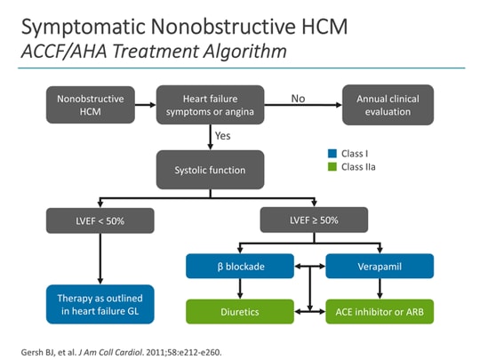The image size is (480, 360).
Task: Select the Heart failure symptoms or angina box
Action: [x=210, y=105]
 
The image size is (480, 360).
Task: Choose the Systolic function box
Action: [x=210, y=169]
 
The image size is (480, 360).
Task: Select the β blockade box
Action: [x=239, y=266]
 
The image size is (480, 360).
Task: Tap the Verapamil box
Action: [x=380, y=266]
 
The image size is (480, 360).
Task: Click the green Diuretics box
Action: [x=239, y=311]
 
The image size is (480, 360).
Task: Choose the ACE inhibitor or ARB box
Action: [x=380, y=311]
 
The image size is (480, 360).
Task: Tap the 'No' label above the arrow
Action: [x=299, y=97]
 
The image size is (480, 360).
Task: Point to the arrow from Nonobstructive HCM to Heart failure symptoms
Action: [x=146, y=105]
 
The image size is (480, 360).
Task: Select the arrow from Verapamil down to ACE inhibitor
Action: [x=380, y=288]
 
